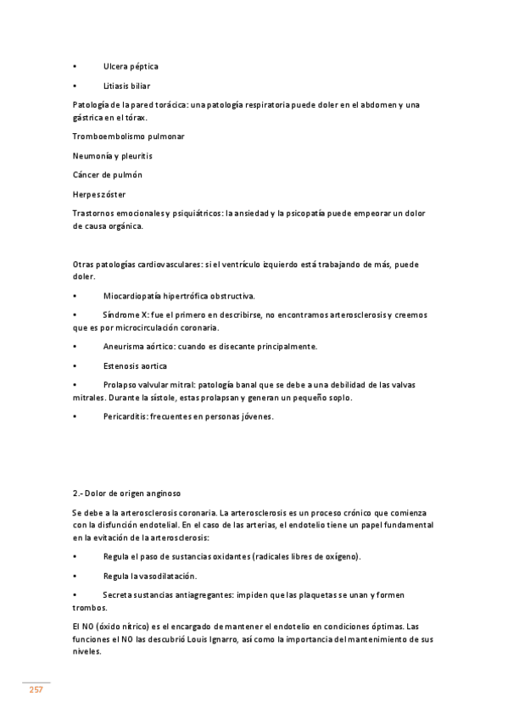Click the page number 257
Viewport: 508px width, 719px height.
tap(36, 689)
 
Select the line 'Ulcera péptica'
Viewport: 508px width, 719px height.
tap(131, 66)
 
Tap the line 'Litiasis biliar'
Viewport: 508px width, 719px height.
tap(127, 86)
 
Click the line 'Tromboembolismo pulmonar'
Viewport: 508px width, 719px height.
tap(129, 137)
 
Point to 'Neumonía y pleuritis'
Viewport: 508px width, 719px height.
tap(113, 156)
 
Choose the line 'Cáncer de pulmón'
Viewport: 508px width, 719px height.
tap(108, 175)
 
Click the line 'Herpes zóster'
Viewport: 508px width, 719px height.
tap(100, 194)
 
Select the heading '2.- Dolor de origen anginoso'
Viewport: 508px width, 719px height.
tap(126, 493)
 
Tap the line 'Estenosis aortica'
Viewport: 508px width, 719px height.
tap(135, 366)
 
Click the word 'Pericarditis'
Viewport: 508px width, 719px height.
tap(124, 417)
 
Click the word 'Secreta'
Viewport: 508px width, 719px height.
tap(118, 595)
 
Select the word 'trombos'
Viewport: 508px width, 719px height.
tap(89, 608)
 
